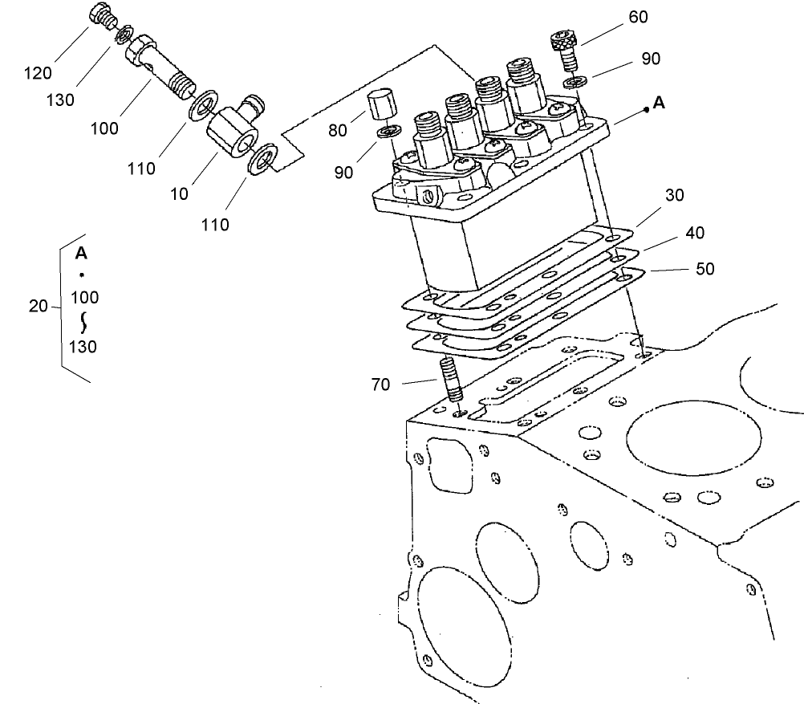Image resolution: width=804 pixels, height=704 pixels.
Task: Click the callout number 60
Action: pos(639,17)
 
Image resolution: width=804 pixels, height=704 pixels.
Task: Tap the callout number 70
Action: pos(380,385)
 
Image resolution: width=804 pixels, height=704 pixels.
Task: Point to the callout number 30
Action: pos(675,195)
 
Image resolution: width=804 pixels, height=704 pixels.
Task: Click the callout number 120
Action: pos(38,73)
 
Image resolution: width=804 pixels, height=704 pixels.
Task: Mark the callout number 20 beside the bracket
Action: pos(39,306)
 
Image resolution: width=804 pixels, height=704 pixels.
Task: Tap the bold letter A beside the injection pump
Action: pos(659,103)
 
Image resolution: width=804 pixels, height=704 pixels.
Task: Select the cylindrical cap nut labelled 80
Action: pos(380,106)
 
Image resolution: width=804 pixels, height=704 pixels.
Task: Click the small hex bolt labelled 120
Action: pos(103,17)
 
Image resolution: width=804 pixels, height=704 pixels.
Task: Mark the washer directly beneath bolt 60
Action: pos(572,83)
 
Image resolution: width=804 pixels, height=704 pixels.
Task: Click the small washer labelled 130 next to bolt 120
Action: pos(123,37)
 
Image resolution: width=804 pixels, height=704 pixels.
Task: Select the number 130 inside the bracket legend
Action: pos(83,347)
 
